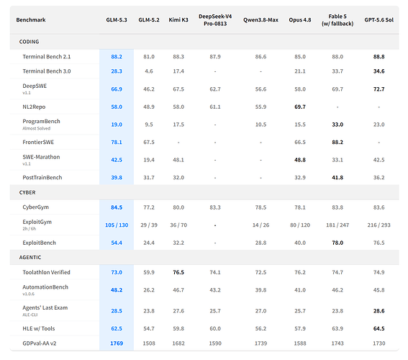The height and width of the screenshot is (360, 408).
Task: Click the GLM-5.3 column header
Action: click(x=117, y=19)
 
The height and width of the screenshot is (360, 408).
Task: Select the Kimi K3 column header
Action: click(x=178, y=19)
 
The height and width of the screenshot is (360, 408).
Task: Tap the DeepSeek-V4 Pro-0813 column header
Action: click(x=215, y=19)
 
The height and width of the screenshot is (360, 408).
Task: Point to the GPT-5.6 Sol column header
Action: click(x=378, y=19)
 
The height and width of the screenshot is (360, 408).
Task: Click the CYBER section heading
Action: click(x=27, y=192)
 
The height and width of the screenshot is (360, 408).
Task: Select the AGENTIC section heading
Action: click(x=30, y=257)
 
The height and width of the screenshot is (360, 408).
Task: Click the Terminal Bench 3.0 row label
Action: click(x=47, y=71)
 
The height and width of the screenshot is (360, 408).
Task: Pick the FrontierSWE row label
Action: click(x=38, y=142)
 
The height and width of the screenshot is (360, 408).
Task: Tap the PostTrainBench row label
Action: click(x=42, y=178)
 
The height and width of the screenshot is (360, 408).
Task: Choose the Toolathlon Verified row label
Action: click(x=46, y=272)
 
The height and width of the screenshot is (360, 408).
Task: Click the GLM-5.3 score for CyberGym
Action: click(x=117, y=207)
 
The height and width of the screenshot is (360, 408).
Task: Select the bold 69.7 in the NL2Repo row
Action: click(x=300, y=107)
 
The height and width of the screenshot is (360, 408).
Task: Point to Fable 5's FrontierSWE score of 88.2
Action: click(x=337, y=142)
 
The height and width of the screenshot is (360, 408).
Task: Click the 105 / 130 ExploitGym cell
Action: click(x=117, y=225)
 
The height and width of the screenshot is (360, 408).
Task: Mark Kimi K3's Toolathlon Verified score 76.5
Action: click(x=178, y=272)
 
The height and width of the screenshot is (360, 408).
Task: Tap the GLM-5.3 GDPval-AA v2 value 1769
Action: click(x=117, y=343)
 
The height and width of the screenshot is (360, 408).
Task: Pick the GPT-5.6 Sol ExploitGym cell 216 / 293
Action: click(x=378, y=225)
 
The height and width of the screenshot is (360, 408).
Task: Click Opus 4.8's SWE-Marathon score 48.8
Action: click(x=300, y=160)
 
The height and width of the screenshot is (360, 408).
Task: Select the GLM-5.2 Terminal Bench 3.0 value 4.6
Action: click(x=148, y=71)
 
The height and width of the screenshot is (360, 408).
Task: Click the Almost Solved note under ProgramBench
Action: click(x=37, y=128)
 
